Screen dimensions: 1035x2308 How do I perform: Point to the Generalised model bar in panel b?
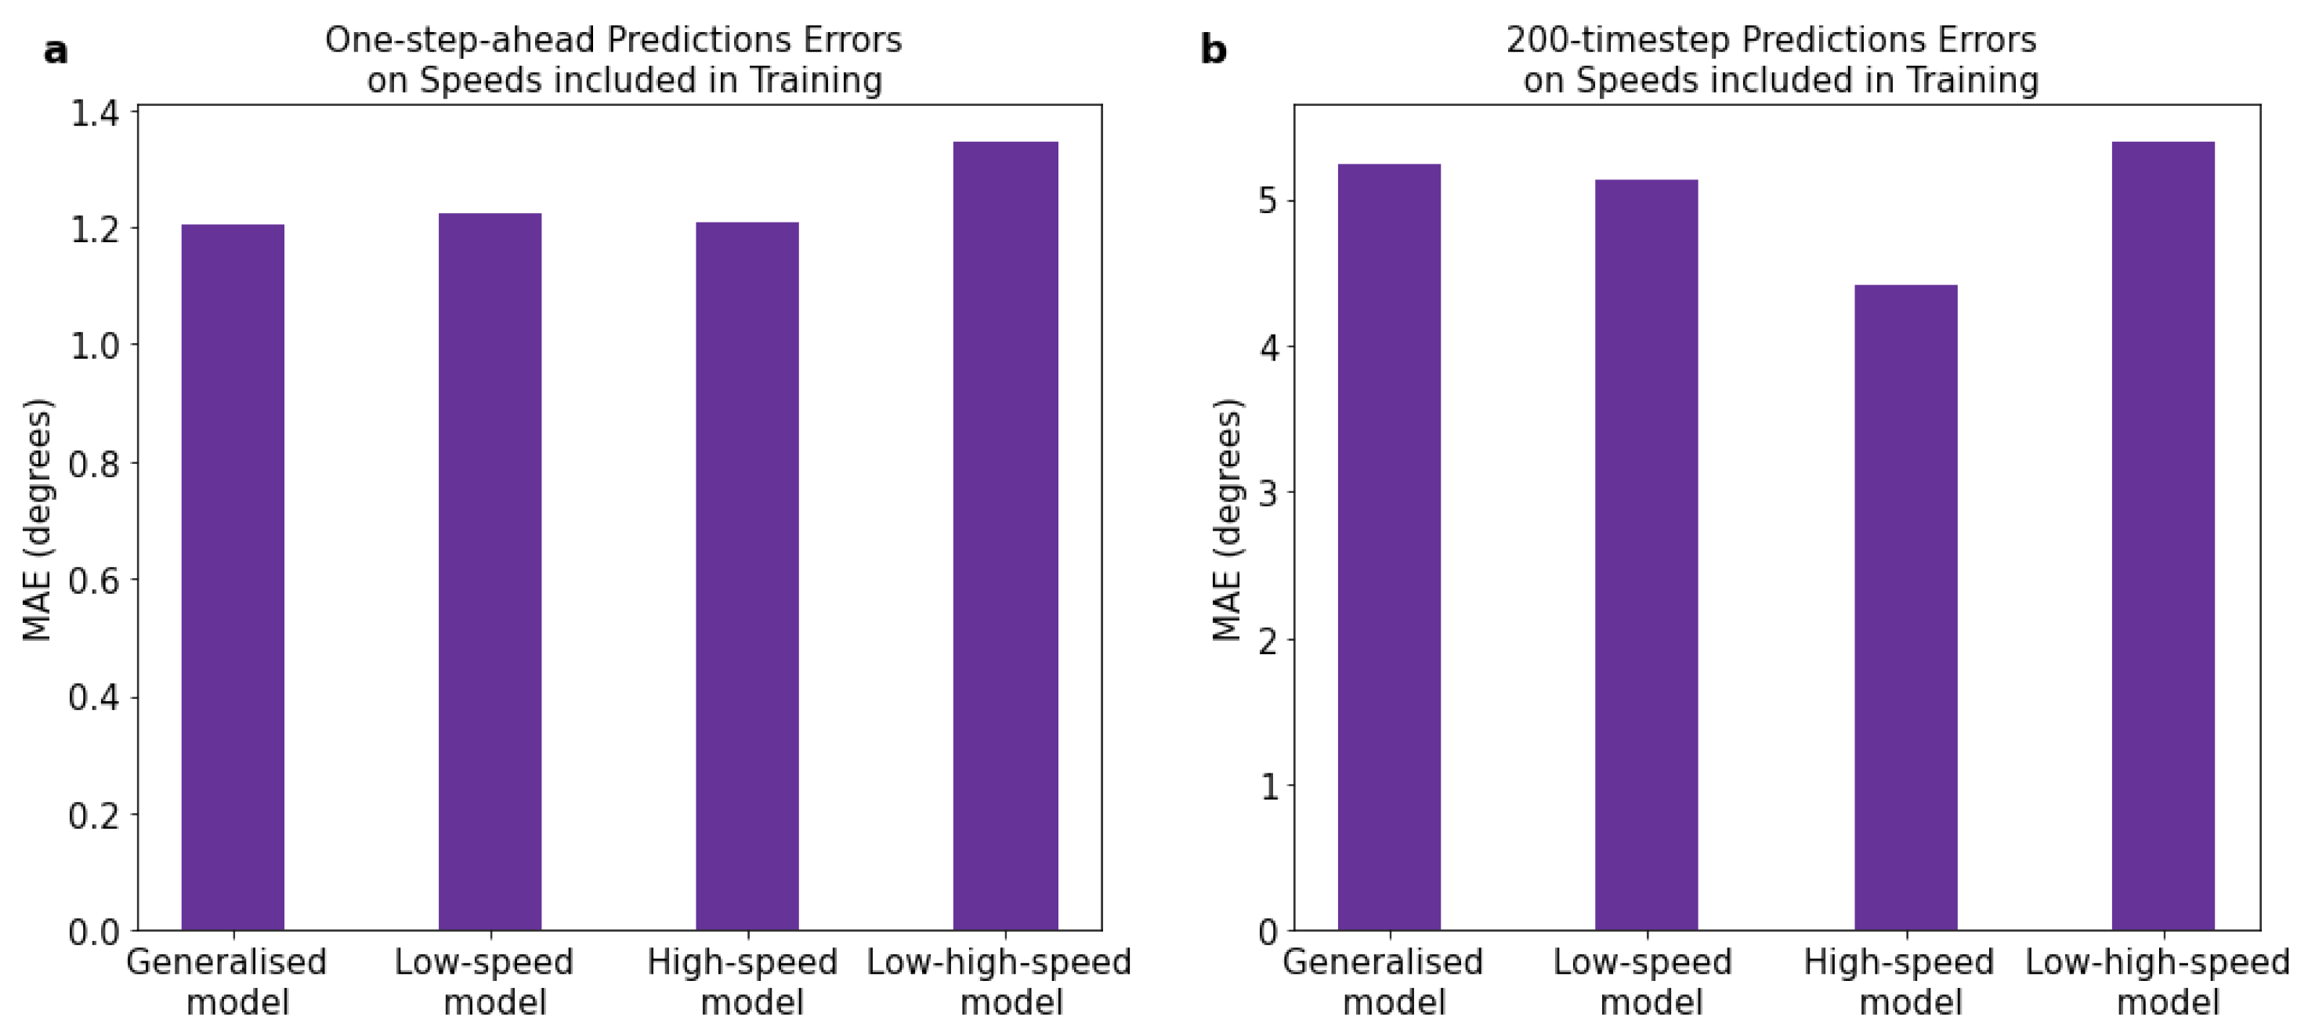(1389, 547)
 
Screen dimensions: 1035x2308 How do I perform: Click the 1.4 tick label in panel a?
(94, 114)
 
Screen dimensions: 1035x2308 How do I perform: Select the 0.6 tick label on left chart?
(94, 581)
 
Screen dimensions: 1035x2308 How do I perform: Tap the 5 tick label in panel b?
(1268, 201)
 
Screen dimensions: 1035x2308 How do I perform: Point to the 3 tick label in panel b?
(1268, 494)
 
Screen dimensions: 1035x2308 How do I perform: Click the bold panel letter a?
(56, 51)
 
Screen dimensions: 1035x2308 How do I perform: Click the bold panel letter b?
(1213, 50)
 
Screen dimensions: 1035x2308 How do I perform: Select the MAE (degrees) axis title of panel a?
(38, 519)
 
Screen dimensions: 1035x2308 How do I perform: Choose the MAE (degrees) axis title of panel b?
(1228, 519)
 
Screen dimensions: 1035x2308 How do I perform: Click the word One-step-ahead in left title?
(460, 40)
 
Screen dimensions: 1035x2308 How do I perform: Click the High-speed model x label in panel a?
(743, 983)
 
